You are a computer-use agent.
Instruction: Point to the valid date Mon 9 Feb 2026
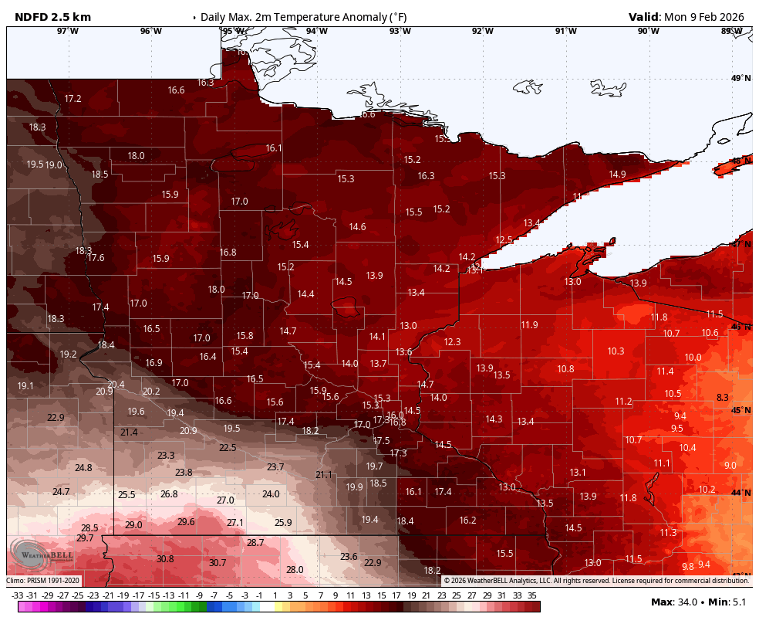click(x=705, y=16)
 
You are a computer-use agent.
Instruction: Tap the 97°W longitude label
click(x=67, y=31)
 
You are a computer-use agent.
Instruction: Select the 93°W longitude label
click(x=400, y=31)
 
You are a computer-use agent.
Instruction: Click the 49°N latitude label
click(x=740, y=78)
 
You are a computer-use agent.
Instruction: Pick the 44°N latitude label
click(x=740, y=493)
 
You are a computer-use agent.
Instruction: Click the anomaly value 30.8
click(x=165, y=558)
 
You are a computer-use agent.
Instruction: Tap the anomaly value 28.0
click(x=295, y=569)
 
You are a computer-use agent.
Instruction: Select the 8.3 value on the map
click(x=723, y=397)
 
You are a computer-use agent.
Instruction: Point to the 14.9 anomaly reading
click(x=617, y=174)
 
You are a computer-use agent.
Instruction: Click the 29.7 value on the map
click(x=85, y=538)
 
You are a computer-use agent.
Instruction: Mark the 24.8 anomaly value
click(x=83, y=468)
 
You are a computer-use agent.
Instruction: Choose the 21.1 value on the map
click(x=324, y=474)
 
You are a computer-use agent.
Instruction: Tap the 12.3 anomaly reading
click(x=452, y=341)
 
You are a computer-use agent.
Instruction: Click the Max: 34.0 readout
click(x=673, y=602)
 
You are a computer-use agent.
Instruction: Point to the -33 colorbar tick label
click(x=17, y=595)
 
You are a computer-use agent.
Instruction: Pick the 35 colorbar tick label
click(x=532, y=595)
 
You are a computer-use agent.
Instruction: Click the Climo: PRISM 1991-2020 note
click(x=42, y=580)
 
